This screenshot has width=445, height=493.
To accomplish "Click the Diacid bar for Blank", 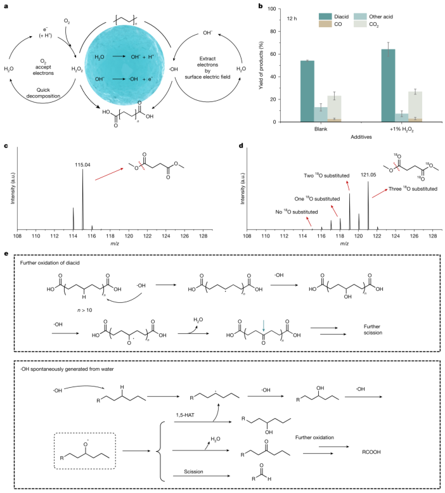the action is [x=307, y=91].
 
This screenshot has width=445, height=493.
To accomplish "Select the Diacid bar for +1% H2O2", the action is [x=388, y=86].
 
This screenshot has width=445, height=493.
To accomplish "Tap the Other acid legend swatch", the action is [x=360, y=16].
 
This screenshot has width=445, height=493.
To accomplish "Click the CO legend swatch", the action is [x=325, y=24].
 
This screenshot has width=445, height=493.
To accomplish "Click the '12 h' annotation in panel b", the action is [x=292, y=18].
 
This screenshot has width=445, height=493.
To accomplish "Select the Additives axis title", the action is [x=361, y=137].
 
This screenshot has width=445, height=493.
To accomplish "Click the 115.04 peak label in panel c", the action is [x=82, y=165].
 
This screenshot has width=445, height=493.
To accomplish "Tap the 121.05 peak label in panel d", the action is [x=368, y=175].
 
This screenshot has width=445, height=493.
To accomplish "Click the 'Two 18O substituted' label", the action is [x=326, y=176].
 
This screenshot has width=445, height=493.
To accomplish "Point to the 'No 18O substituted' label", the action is [x=297, y=212].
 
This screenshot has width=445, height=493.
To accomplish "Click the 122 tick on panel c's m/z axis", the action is [x=147, y=236].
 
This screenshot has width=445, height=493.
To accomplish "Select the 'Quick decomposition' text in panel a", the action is [x=43, y=93].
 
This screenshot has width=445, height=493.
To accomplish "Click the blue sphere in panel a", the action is [x=124, y=65].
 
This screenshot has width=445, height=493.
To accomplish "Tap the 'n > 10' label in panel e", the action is [x=84, y=310].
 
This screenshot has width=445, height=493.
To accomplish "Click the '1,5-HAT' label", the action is [x=185, y=415].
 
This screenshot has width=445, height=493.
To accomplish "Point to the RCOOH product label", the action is [x=371, y=452].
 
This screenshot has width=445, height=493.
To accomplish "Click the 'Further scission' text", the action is [x=373, y=330].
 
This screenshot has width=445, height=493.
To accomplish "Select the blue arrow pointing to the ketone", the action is [x=264, y=326].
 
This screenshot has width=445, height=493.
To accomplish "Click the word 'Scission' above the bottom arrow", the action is [x=193, y=471].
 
